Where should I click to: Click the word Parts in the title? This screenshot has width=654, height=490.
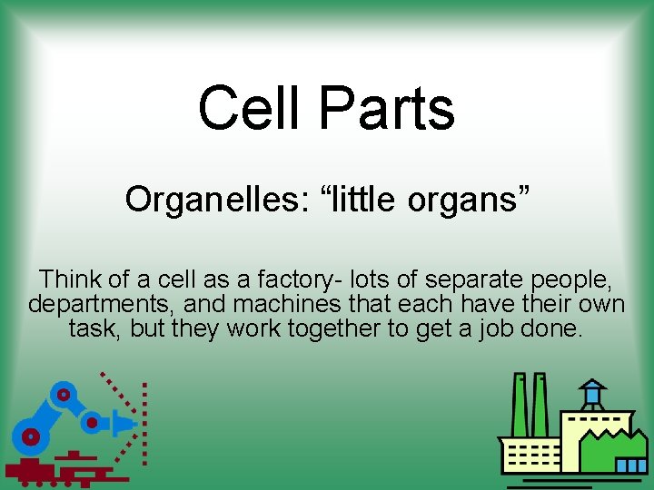pos(386,108)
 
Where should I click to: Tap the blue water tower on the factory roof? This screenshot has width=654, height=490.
pos(592,394)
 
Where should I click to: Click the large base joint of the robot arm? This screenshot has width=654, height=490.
pos(32,436)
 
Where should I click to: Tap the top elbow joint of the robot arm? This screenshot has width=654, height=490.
pos(63,395)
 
